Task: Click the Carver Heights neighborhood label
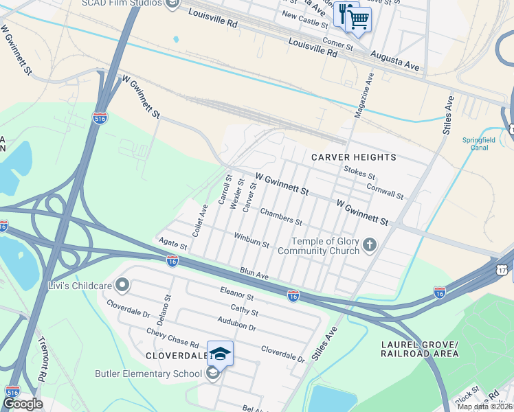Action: (354, 157)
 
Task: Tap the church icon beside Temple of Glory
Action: (370, 245)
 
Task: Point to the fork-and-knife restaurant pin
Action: (344, 14)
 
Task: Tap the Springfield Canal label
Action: (478, 144)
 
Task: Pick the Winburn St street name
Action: (252, 241)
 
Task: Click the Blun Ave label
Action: (254, 274)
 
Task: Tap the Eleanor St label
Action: (237, 297)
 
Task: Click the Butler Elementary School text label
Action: (148, 374)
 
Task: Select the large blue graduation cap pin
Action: (220, 354)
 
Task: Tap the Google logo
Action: (23, 404)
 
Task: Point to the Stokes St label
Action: (359, 176)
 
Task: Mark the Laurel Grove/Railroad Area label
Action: (419, 349)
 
